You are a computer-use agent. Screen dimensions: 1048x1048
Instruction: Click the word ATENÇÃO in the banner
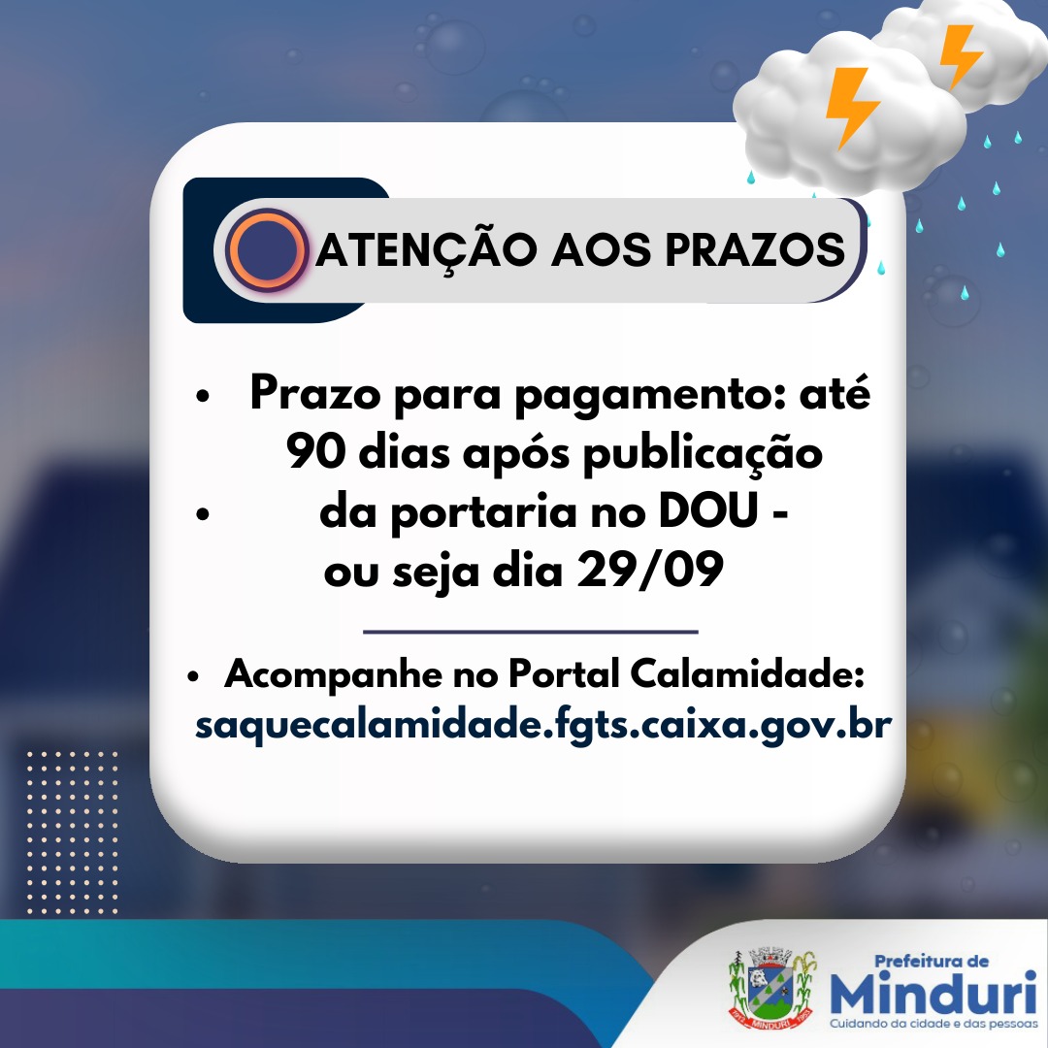coord(426,251)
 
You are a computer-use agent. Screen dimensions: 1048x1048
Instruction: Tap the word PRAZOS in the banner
coord(755,250)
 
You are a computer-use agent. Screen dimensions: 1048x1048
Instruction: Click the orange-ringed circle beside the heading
coord(267,250)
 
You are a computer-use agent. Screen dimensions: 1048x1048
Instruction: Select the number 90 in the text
coord(316,452)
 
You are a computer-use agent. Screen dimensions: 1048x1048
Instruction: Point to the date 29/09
coord(649,571)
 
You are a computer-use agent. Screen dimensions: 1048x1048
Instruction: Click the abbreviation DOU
coord(707,511)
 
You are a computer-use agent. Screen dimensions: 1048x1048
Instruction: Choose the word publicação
coord(703,454)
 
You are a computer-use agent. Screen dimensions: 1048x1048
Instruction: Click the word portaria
coord(483,512)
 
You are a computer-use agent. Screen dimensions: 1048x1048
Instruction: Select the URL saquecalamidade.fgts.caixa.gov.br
coord(543,725)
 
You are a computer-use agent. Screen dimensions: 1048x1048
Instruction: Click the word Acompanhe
coord(334,674)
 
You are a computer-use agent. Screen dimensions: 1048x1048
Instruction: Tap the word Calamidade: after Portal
coord(747,673)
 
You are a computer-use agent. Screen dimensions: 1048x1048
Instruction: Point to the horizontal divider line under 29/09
coord(531,631)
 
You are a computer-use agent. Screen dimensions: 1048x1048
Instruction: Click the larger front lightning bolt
coord(852,107)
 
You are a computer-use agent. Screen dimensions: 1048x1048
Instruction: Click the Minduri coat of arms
coord(772,988)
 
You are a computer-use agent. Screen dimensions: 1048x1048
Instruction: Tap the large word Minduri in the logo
coord(933,993)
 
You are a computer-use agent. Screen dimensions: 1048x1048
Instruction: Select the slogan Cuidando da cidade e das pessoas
coord(933,1024)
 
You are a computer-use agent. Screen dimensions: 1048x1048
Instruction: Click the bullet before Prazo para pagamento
coord(203,396)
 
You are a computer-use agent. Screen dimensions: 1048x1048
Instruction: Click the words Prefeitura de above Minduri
coord(931,961)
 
